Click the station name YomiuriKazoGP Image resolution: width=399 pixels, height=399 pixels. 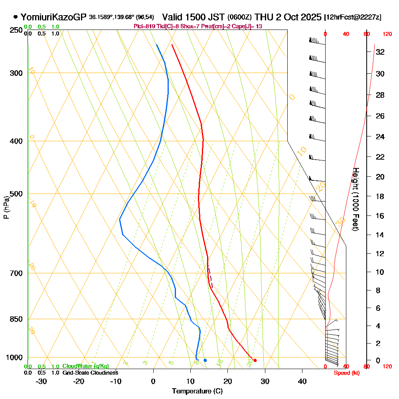tap(53, 17)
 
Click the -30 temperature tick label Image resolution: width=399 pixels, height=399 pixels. tap(41, 381)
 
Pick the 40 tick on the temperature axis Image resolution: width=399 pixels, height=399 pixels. tap(302, 381)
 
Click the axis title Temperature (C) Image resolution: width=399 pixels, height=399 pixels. tap(197, 391)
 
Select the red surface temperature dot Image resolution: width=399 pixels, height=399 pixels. tap(255, 360)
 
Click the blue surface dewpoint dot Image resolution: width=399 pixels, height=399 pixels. tap(205, 360)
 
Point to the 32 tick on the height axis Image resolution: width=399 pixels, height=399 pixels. tap(380, 52)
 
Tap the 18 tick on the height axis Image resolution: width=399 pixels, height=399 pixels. tap(380, 196)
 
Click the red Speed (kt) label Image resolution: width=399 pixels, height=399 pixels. tap(346, 373)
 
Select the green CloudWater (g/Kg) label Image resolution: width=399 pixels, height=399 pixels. tap(85, 366)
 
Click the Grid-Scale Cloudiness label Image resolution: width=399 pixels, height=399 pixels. tap(90, 373)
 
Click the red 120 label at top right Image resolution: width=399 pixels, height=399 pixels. tap(387, 34)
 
